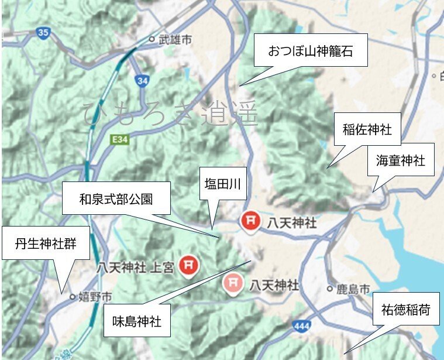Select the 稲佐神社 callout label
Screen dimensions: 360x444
click(367, 129)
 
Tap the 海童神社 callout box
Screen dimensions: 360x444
click(401, 159)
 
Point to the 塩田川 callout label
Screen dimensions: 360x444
click(223, 184)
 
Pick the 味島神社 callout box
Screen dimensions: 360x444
click(137, 321)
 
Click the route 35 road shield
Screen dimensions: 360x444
click(43, 33)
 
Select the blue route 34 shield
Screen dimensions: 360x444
click(141, 81)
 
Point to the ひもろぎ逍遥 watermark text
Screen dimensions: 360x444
click(170, 114)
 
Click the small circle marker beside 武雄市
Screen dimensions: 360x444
click(152, 40)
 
